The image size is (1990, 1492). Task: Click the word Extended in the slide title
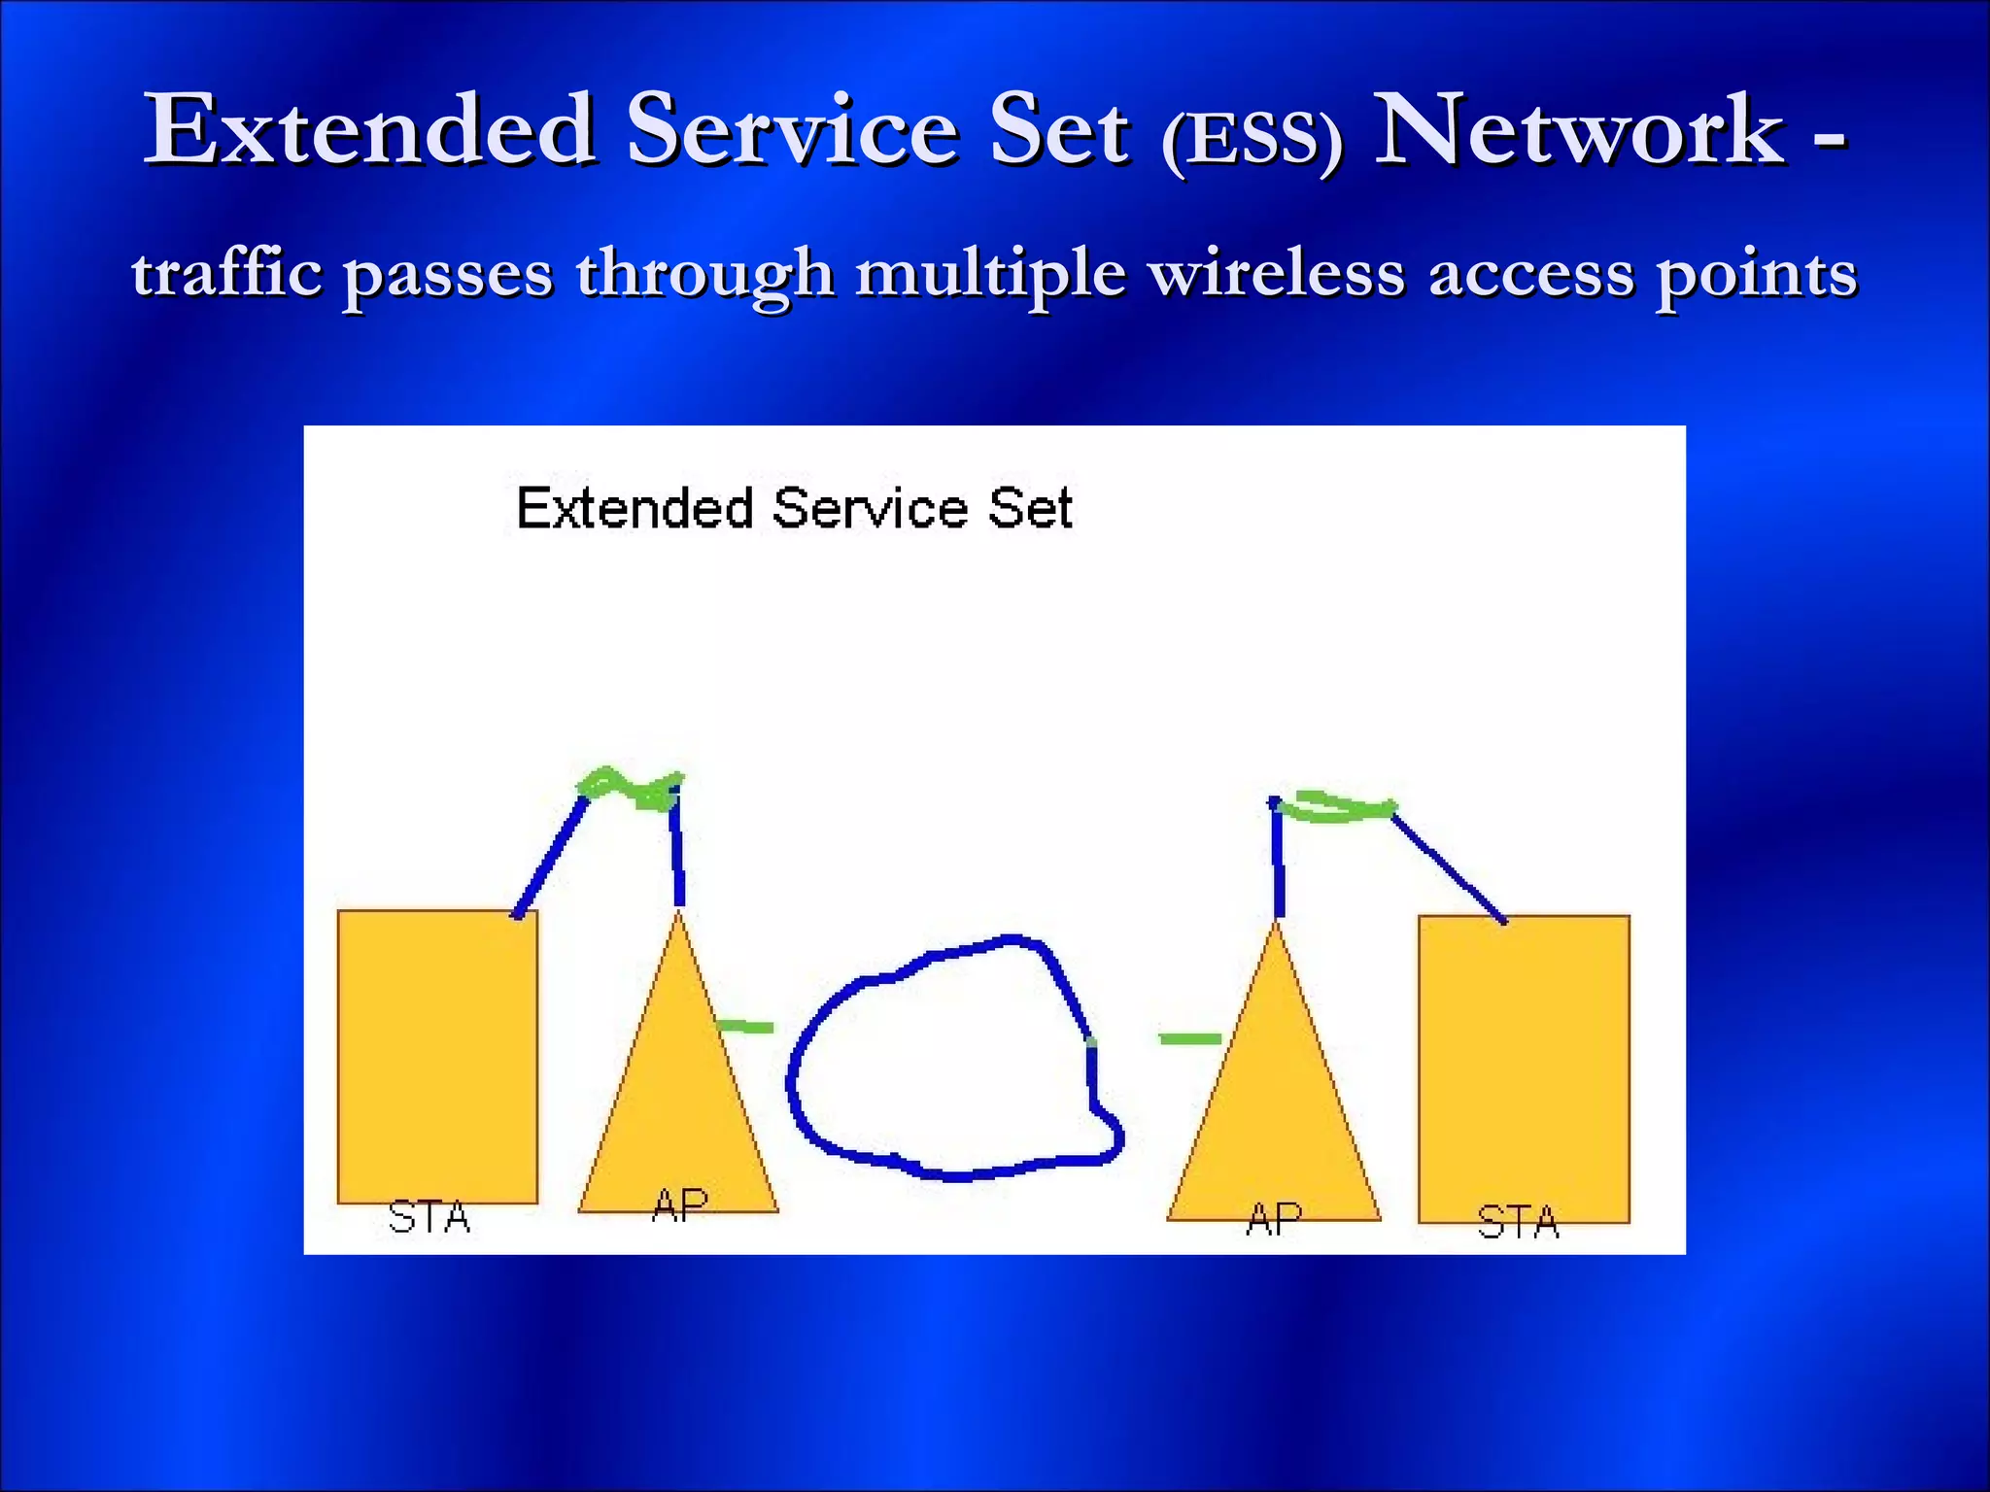pyautogui.click(x=369, y=130)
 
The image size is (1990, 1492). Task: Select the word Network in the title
pyautogui.click(x=1580, y=130)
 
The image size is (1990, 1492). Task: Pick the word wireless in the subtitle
pyautogui.click(x=1277, y=273)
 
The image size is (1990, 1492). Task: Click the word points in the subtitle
pyautogui.click(x=1757, y=275)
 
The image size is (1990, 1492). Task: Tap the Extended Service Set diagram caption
pyautogui.click(x=794, y=508)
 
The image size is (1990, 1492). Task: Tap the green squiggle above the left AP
pyautogui.click(x=630, y=789)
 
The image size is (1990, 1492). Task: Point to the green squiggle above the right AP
pyautogui.click(x=1341, y=807)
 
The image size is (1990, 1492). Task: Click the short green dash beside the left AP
pyautogui.click(x=745, y=1027)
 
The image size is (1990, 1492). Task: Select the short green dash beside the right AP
pyautogui.click(x=1189, y=1039)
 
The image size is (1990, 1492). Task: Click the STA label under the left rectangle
pyautogui.click(x=429, y=1217)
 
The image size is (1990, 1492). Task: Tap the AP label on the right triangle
pyautogui.click(x=1274, y=1219)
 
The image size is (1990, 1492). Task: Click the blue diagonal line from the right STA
pyautogui.click(x=1448, y=867)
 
